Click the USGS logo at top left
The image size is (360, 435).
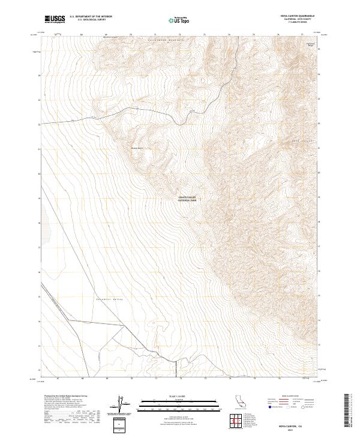pos(55,19)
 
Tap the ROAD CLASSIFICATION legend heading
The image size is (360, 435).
pos(286,397)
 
